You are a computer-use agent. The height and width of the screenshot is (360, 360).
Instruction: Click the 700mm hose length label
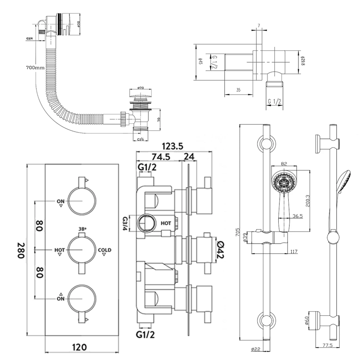click(35, 67)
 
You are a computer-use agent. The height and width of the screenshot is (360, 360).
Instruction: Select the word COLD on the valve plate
click(104, 250)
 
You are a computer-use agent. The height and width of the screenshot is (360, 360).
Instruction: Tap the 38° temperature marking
click(82, 229)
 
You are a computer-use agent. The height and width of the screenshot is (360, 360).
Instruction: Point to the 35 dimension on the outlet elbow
click(238, 90)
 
